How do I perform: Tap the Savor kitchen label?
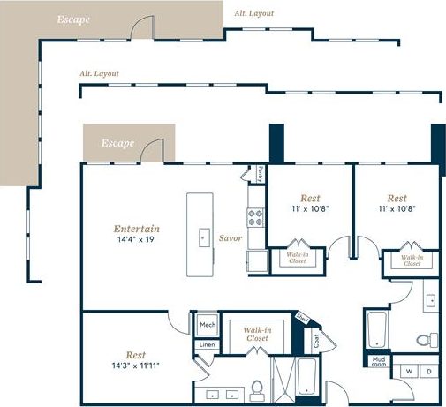click(x=231, y=237)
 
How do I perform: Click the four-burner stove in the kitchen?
click(x=256, y=217)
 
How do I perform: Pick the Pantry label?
click(x=261, y=175)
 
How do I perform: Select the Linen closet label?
click(x=207, y=344)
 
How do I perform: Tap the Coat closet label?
click(x=314, y=337)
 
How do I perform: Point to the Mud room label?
click(x=378, y=360)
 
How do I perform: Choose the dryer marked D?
click(x=429, y=372)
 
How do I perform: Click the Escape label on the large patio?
click(x=72, y=19)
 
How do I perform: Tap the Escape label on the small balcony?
click(x=117, y=142)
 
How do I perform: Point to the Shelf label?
click(x=302, y=318)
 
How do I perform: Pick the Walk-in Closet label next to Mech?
click(x=256, y=333)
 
